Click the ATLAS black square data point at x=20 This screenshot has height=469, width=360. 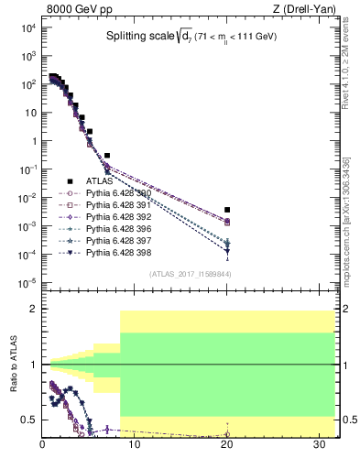(x=226, y=210)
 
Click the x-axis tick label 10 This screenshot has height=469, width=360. (x=135, y=446)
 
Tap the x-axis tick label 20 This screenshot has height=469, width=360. (x=227, y=446)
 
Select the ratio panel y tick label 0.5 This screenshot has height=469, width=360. (x=31, y=420)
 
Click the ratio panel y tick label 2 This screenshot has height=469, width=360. (x=35, y=310)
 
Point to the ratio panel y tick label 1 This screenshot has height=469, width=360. (x=35, y=365)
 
